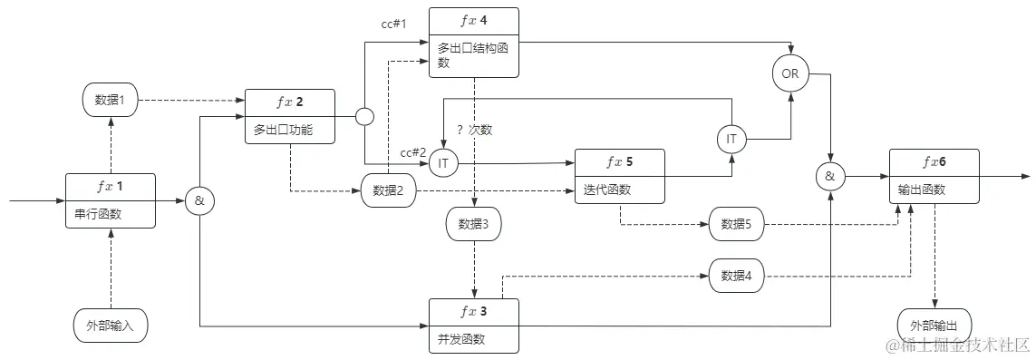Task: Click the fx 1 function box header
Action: click(111, 187)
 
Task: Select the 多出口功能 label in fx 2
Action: click(283, 131)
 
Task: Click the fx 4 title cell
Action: click(474, 20)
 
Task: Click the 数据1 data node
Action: click(110, 101)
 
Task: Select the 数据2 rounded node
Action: click(389, 190)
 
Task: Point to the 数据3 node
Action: click(474, 224)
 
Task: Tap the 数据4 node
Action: click(736, 276)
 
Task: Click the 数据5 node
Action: click(736, 224)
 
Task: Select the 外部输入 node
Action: click(110, 325)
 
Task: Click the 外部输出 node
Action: click(934, 325)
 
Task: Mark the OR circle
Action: click(790, 73)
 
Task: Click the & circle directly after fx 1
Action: click(199, 201)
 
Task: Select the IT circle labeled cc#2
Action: click(443, 163)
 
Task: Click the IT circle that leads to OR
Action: click(731, 139)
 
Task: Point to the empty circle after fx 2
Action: click(364, 117)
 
